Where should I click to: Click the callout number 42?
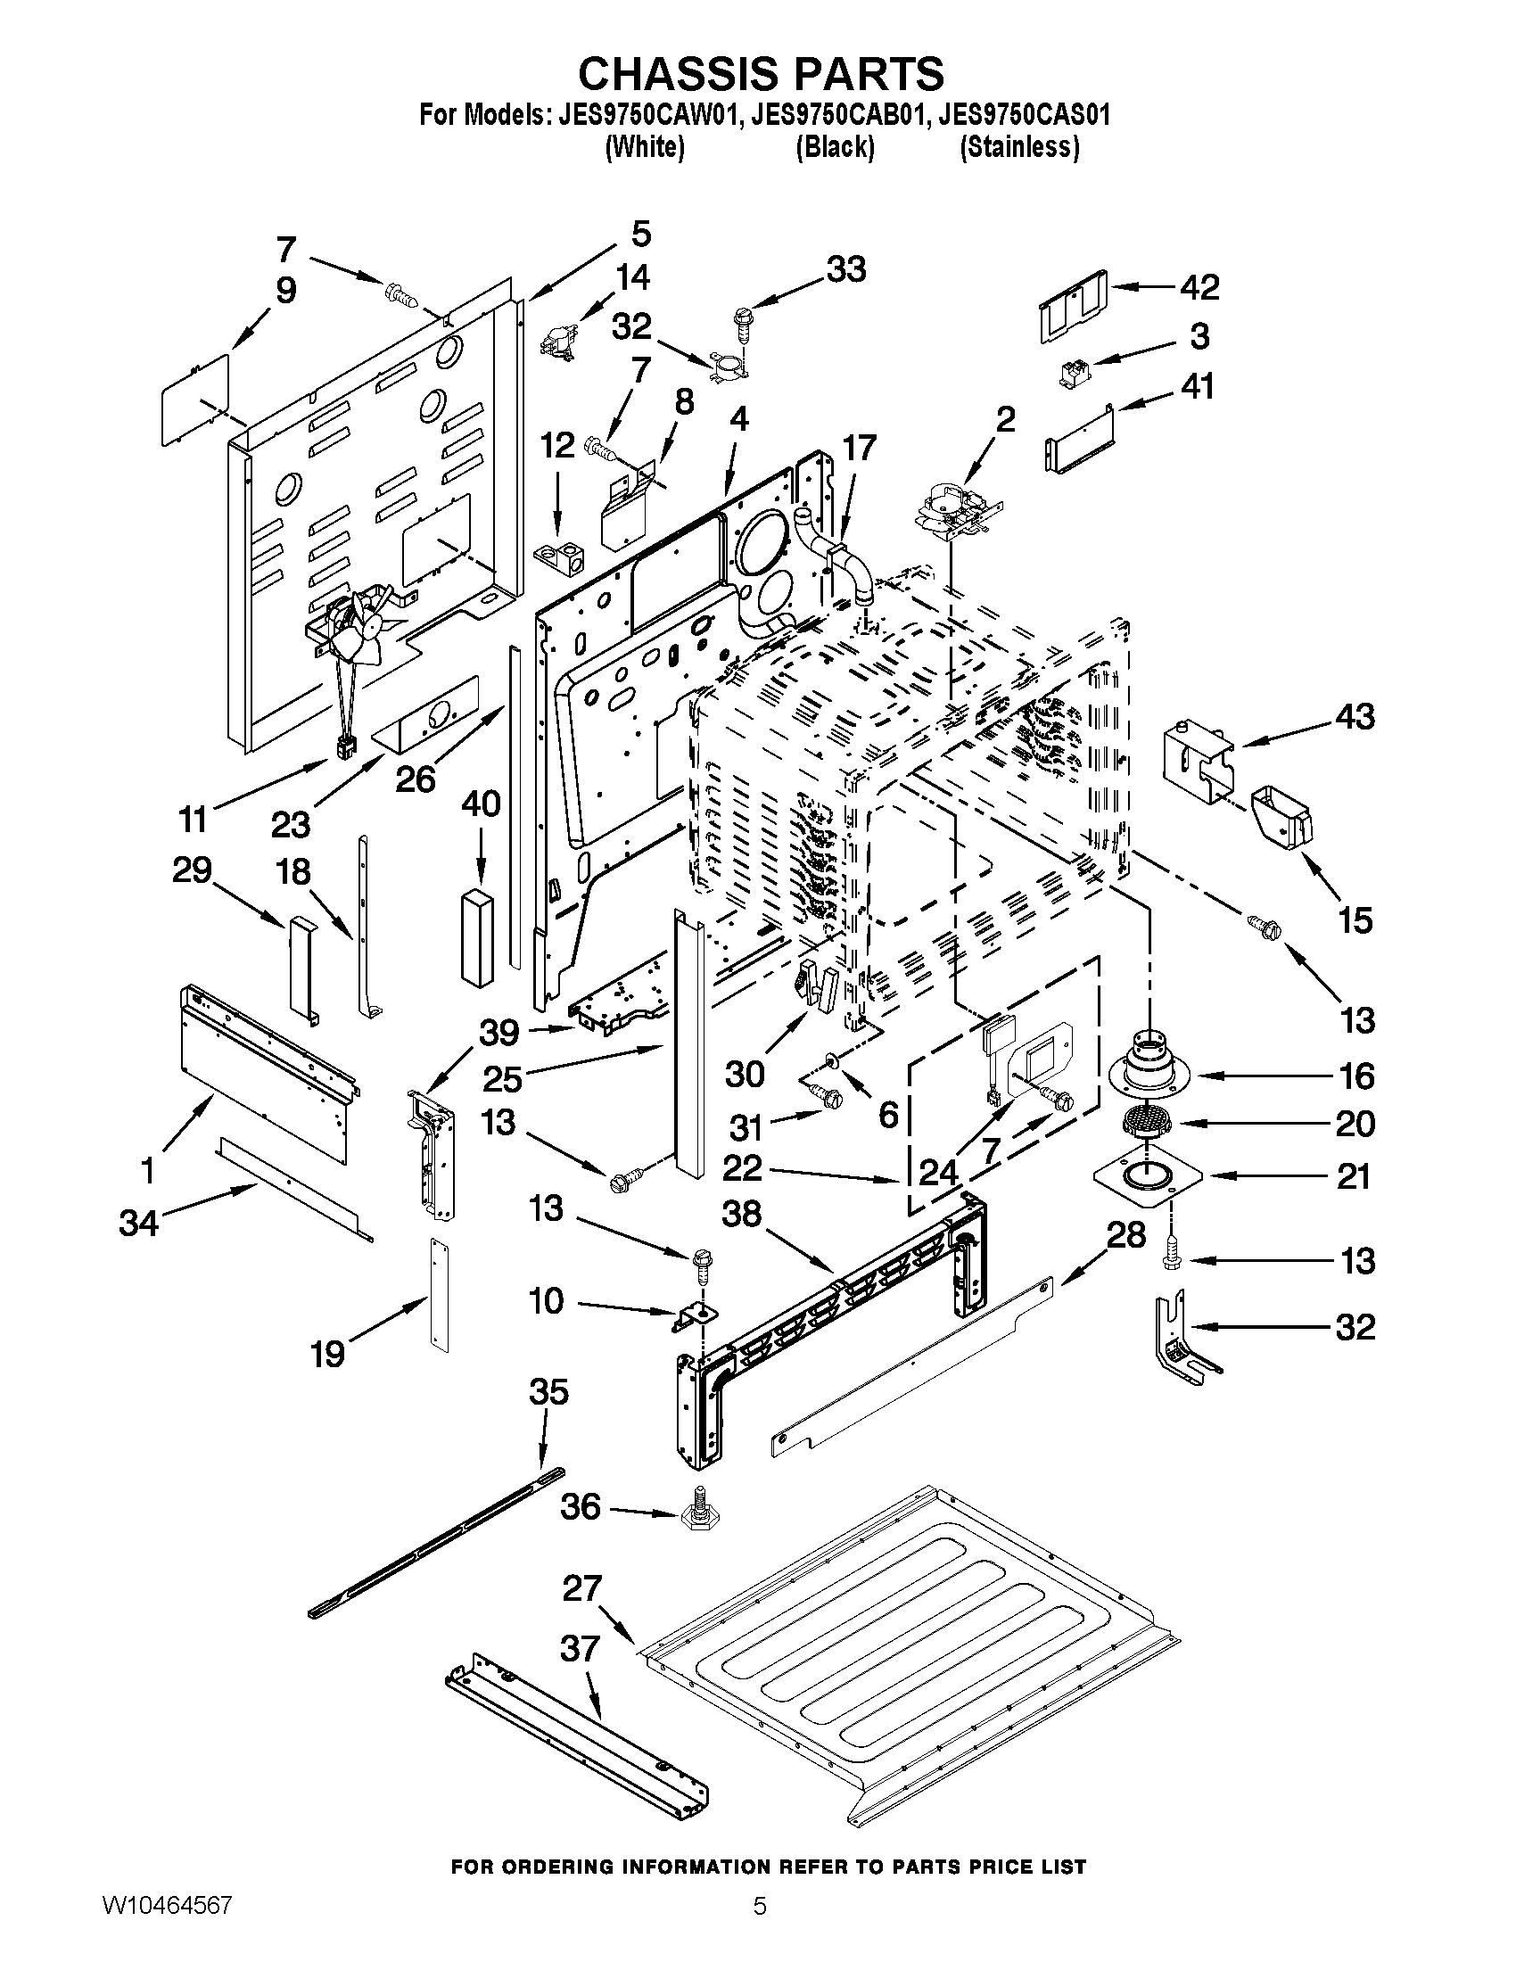coord(1199,287)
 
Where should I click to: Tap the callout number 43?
coord(1355,717)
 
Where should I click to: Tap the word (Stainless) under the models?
coord(1019,147)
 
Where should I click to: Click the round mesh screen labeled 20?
coord(1139,1123)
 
